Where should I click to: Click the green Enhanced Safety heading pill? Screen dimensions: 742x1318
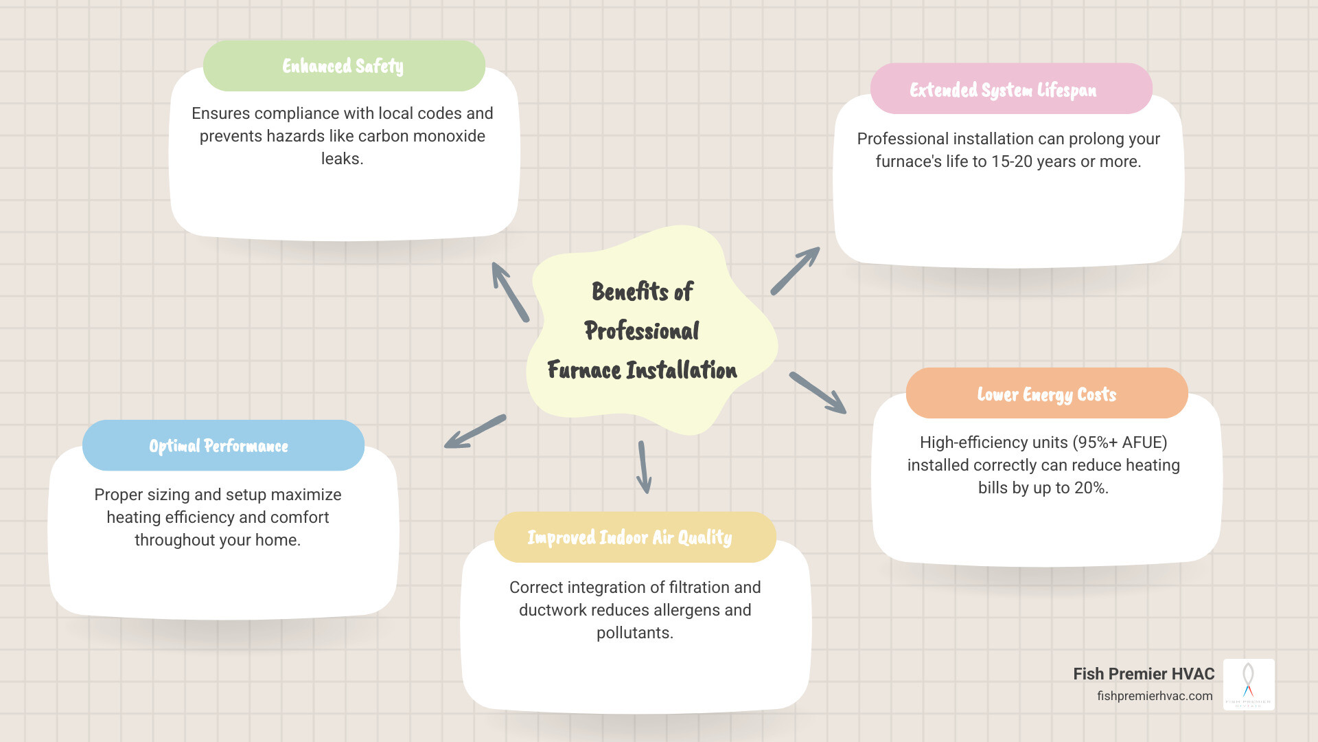[343, 66]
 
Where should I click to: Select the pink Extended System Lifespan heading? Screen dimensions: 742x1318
[1010, 89]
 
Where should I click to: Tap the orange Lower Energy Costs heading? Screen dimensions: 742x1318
[1047, 394]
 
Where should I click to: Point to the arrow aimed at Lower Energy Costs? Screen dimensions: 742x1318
[818, 393]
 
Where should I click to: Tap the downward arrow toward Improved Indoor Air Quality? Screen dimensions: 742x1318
[643, 467]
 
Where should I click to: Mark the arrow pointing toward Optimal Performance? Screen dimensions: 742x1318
[475, 431]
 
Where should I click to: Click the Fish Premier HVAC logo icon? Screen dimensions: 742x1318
[1249, 684]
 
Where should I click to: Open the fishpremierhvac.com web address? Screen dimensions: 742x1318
[1155, 696]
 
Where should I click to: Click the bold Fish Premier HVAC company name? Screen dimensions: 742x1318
[1144, 674]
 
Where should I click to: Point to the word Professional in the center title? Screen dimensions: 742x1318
[642, 331]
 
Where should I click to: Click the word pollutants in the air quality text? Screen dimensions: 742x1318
[634, 633]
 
